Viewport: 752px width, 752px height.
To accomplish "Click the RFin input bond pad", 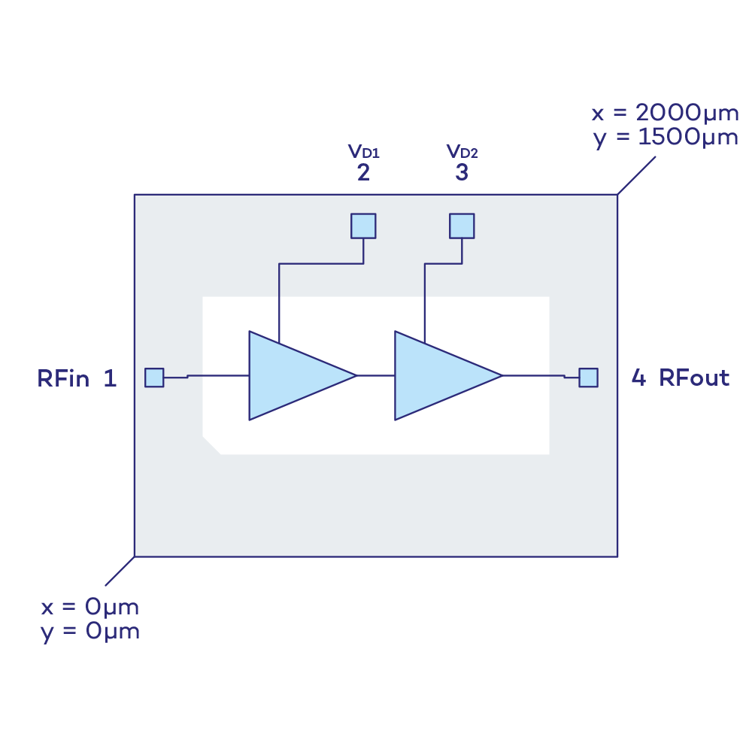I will pos(154,378).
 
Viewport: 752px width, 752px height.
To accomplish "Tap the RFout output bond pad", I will pos(588,378).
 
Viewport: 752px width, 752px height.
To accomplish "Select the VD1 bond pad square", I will pos(363,226).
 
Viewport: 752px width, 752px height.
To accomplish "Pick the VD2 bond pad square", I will pos(462,226).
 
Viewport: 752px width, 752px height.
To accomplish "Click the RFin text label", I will pos(65,378).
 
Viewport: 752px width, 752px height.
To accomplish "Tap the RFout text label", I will pos(694,378).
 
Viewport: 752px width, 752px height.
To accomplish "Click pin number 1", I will pos(110,378).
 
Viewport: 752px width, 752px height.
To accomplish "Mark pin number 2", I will pos(363,173).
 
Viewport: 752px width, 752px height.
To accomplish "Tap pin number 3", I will pos(462,173).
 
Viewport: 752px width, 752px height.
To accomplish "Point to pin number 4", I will pos(638,378).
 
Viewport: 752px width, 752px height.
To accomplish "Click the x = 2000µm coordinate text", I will pos(664,114).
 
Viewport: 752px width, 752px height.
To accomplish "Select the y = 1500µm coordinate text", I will pos(664,138).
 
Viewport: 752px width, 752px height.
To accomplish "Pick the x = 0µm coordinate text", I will pos(89,606).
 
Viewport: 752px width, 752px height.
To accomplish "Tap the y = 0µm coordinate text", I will pos(89,631).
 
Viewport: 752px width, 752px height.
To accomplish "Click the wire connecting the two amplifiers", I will pos(375,375).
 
